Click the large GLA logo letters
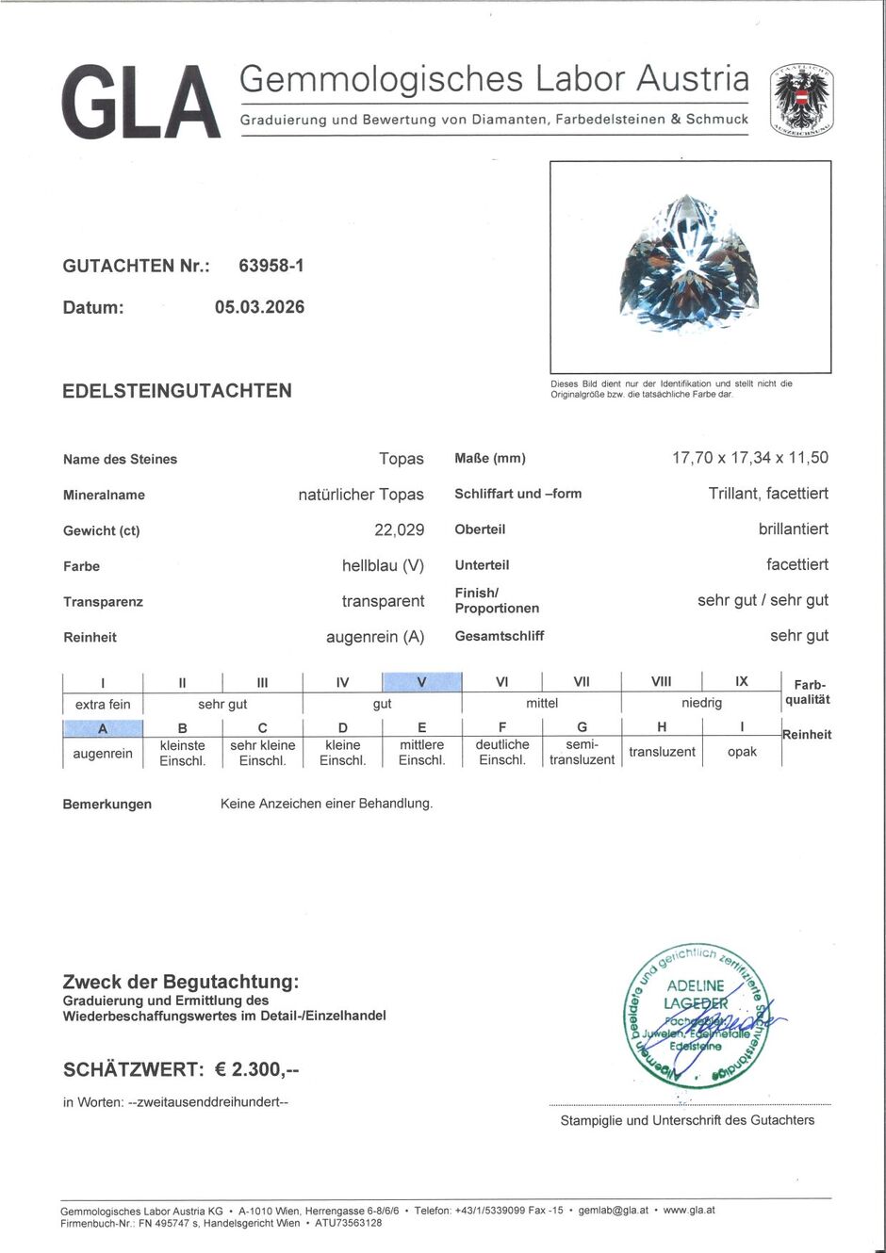point(141,102)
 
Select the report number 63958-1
point(271,266)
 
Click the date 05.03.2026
point(259,307)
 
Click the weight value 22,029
point(399,530)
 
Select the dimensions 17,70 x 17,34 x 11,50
point(749,458)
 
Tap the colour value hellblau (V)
point(383,566)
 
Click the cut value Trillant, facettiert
point(768,494)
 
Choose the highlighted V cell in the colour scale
point(421,682)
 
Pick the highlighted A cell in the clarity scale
point(103,728)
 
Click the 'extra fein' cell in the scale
point(103,704)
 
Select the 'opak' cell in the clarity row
point(742,752)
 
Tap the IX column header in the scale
point(742,681)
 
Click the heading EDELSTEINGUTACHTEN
point(177,391)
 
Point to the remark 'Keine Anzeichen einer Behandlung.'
point(326,804)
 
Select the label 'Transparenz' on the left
point(103,602)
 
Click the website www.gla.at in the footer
point(689,1210)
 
